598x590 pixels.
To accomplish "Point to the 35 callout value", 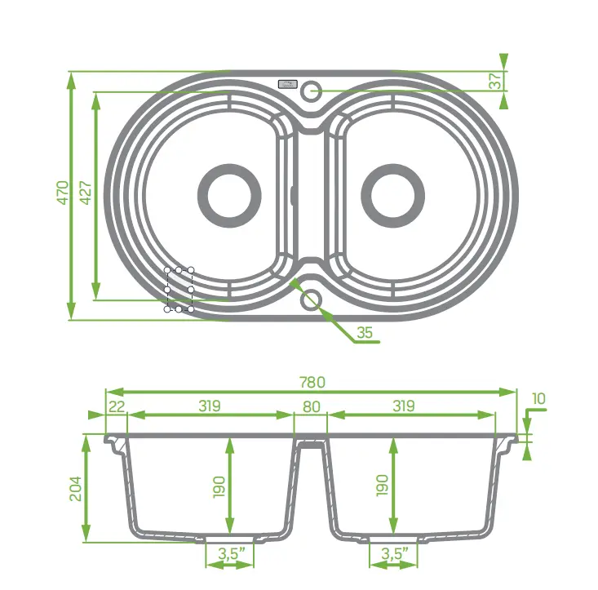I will click(365, 332).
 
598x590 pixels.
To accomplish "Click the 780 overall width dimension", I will click(312, 382).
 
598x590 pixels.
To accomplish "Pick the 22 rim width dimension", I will click(116, 406).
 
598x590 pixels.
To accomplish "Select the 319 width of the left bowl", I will click(210, 406).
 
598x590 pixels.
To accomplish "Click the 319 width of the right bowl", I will click(403, 406).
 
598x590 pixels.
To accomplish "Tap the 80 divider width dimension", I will click(310, 406).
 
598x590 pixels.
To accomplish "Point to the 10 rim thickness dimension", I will click(538, 399).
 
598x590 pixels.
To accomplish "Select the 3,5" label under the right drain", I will click(395, 555).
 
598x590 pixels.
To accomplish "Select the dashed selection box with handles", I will click(179, 290).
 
